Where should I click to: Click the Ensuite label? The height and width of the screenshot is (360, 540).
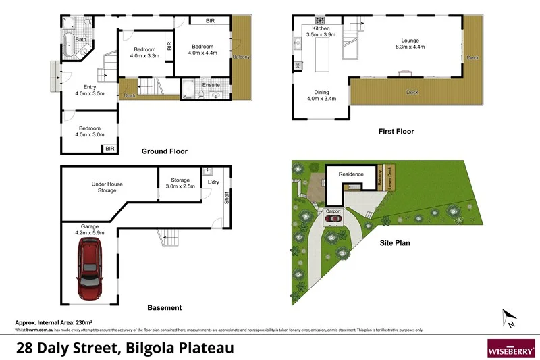[211, 85]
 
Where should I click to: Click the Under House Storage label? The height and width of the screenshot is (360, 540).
[107, 187]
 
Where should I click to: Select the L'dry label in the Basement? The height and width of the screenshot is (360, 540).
[213, 183]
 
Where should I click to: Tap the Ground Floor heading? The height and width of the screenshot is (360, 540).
[164, 151]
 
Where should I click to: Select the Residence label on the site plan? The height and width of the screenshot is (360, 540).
[350, 174]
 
